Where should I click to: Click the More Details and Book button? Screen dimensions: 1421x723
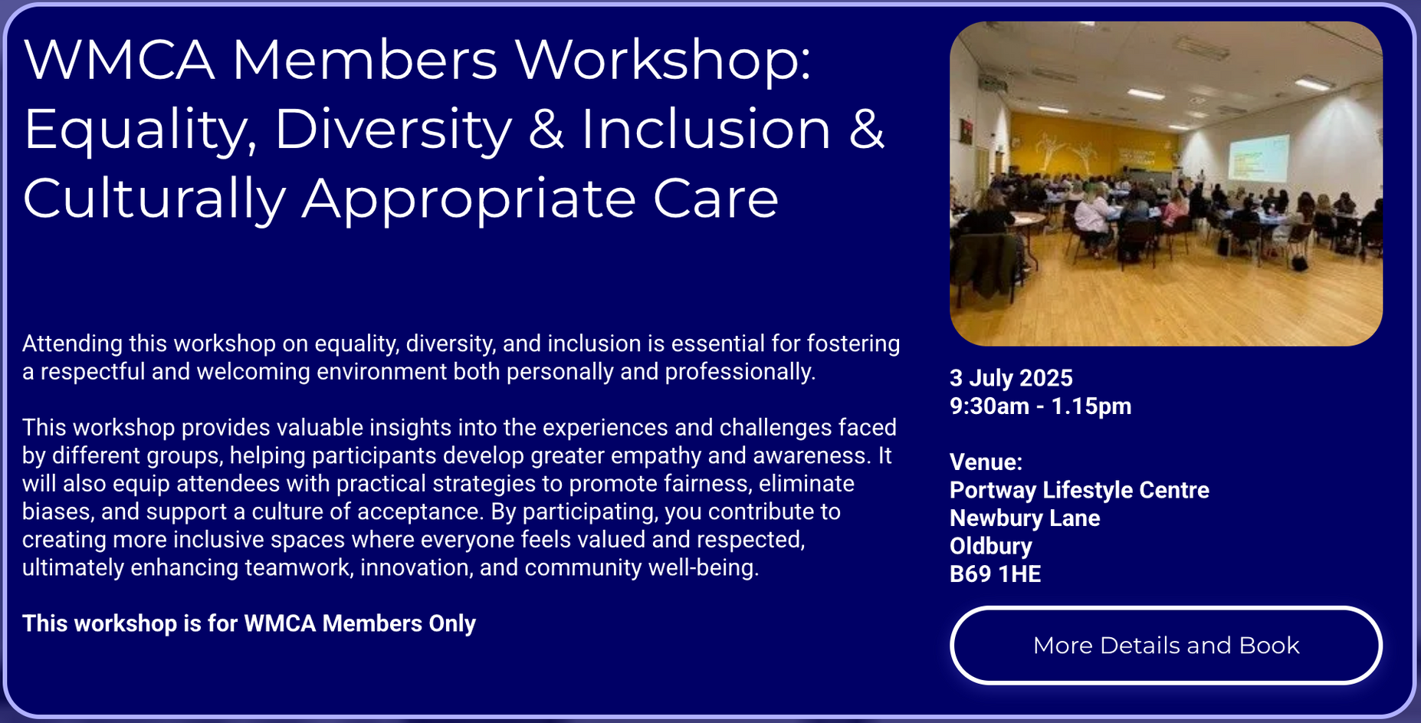point(1166,645)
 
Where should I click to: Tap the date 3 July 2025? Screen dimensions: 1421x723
point(1011,378)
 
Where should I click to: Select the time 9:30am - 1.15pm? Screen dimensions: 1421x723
point(1040,406)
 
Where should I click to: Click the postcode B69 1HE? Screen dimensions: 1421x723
point(995,573)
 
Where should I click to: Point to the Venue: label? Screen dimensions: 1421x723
point(986,462)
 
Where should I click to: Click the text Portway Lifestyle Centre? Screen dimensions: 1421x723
point(1079,490)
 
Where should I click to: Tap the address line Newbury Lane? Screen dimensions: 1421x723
point(1025,518)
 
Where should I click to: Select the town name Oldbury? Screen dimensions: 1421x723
point(991,546)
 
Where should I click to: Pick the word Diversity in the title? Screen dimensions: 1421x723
point(393,130)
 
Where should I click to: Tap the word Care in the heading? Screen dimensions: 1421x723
point(716,199)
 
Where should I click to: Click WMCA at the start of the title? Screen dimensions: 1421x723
point(120,60)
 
